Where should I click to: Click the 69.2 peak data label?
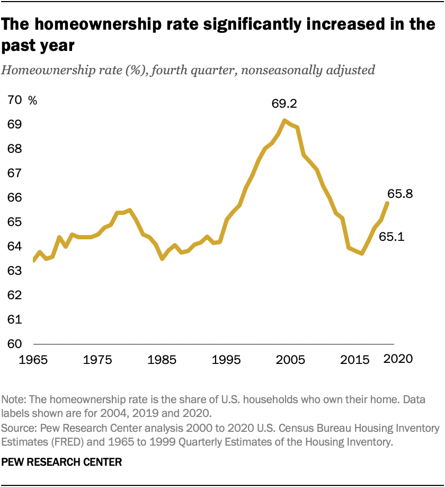(x=284, y=104)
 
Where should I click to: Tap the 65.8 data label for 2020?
(x=399, y=194)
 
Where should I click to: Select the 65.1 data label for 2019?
(x=392, y=237)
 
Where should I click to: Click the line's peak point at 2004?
(x=284, y=120)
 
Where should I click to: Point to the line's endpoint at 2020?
(x=388, y=203)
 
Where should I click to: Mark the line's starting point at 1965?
(x=33, y=260)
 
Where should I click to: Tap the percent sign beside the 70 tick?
(x=33, y=100)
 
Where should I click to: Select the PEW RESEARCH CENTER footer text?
(x=62, y=463)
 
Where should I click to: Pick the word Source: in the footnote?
(x=19, y=428)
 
